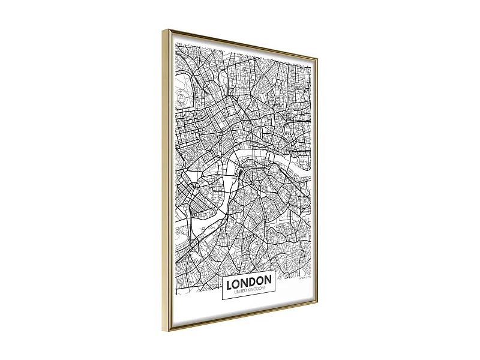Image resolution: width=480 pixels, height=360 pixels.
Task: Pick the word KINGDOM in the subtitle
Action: coord(256,289)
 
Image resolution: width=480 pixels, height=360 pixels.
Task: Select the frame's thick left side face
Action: coord(166,180)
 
